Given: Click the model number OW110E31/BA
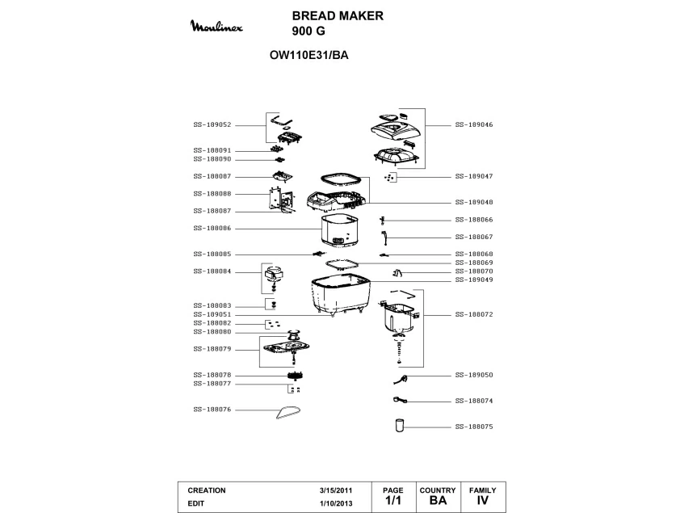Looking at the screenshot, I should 308,56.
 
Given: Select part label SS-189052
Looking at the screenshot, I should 212,124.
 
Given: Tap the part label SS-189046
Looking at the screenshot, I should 474,124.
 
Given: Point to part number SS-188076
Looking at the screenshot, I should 212,410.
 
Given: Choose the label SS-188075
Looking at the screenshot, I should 474,426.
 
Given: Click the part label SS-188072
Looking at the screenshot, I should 474,314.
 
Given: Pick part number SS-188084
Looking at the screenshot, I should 212,271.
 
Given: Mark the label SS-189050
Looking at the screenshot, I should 474,376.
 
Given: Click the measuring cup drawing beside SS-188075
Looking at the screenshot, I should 398,425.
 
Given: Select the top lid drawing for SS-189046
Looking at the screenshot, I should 395,126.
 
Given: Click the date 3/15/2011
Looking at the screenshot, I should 336,490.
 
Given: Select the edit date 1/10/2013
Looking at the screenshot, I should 336,502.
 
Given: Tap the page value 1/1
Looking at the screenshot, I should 392,501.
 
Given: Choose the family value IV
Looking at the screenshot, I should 483,501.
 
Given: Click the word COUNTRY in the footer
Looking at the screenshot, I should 438,490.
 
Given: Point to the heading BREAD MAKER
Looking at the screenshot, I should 338,15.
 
